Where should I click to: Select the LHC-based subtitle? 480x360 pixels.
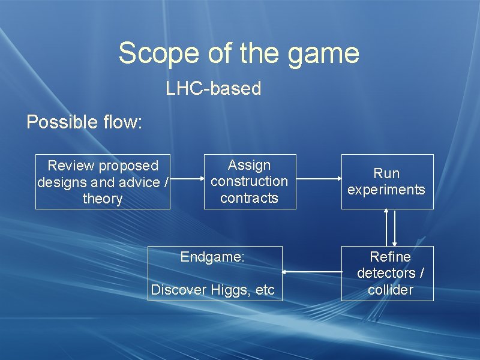214,89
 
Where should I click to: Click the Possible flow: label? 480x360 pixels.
85,122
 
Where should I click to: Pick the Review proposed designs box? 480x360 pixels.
103,182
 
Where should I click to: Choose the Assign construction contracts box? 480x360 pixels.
250,181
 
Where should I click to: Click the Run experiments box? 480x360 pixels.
387,182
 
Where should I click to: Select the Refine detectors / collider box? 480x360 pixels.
387,273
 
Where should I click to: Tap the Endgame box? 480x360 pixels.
214,273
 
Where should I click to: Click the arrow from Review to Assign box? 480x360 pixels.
187,178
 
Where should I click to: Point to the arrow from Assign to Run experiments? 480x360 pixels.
319,178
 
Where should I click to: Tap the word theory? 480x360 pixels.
103,199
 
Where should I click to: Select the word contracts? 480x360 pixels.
250,198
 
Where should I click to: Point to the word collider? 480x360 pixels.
391,290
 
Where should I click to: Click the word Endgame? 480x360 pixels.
212,257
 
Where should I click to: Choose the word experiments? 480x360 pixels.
386,190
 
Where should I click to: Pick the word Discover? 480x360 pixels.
178,290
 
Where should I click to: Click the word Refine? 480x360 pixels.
391,257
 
